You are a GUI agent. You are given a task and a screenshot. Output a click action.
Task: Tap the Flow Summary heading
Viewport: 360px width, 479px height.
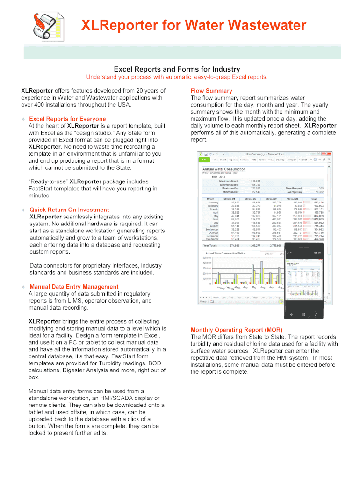211,91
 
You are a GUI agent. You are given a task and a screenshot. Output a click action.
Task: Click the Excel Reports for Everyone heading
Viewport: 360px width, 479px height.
67,119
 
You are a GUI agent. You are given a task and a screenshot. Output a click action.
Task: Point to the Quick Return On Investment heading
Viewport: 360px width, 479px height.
69,210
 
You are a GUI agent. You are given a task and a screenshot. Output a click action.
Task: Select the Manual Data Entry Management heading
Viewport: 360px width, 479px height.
74,287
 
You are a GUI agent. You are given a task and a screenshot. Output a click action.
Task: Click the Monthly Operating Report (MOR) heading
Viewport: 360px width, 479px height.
236,329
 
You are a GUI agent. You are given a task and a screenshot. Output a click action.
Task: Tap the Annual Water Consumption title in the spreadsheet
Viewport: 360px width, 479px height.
223,169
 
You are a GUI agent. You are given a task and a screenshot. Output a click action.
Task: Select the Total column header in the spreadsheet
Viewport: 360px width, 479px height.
313,199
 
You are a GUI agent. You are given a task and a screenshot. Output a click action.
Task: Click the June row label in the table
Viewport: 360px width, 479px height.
215,219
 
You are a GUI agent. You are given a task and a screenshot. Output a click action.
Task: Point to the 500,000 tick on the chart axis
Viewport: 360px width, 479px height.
206,257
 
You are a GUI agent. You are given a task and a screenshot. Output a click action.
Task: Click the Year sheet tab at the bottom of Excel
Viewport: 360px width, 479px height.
216,297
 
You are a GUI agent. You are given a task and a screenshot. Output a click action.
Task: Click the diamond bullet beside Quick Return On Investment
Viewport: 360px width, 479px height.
23,210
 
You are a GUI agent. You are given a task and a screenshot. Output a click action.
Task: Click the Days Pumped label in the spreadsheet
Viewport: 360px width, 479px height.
295,188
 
